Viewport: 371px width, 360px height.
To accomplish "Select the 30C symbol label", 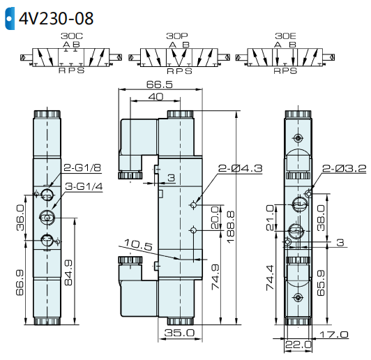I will coord(71,35).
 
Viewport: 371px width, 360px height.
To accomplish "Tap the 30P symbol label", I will coord(176,35).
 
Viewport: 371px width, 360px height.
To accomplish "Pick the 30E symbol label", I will coord(285,35).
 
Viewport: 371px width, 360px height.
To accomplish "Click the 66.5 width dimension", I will coord(160,84).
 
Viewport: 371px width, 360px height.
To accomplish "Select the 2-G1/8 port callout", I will coord(83,168).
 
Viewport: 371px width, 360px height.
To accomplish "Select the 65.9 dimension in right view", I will coord(320,281).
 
